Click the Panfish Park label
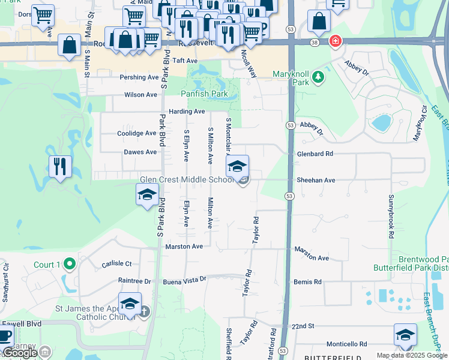(205, 94)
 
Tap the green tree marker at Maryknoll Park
(318, 77)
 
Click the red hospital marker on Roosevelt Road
(335, 41)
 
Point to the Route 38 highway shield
(315, 41)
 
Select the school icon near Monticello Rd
(405, 335)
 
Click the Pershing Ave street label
(139, 77)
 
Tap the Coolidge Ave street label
(137, 133)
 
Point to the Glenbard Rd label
(315, 154)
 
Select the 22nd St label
(303, 326)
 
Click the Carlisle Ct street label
(116, 263)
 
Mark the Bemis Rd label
(307, 281)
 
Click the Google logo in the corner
(20, 353)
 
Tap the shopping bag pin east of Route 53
(319, 22)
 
